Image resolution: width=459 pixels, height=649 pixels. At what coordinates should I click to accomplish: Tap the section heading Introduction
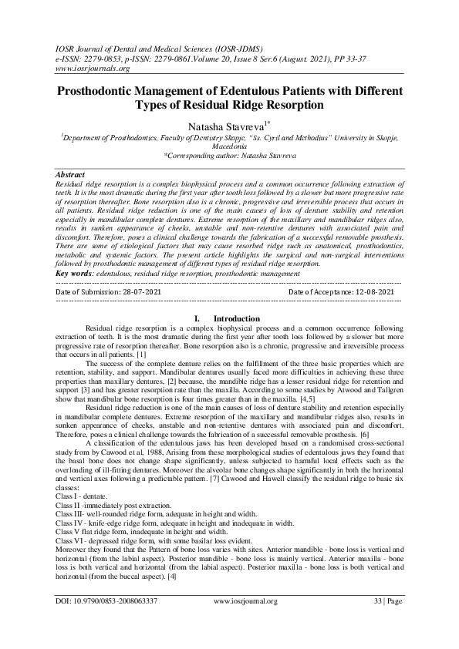[x=236, y=318]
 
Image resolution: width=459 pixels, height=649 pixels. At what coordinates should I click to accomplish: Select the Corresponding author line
[x=229, y=155]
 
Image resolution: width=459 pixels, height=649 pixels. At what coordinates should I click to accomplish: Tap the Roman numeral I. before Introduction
[x=197, y=318]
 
